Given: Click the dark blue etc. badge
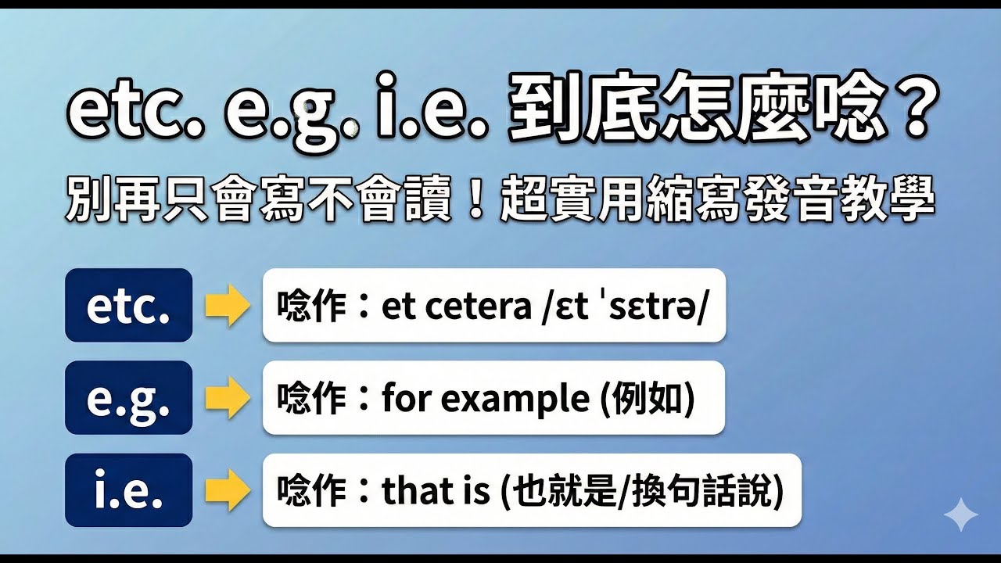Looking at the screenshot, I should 128,305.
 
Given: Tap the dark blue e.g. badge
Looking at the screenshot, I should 128,397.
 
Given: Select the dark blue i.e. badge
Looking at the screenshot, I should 128,489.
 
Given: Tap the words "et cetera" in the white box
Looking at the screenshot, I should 456,306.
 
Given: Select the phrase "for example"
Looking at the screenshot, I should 486,398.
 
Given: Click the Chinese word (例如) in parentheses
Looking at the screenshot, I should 646,398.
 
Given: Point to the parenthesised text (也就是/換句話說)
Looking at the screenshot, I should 640,490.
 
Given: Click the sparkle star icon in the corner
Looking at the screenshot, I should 960,515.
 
